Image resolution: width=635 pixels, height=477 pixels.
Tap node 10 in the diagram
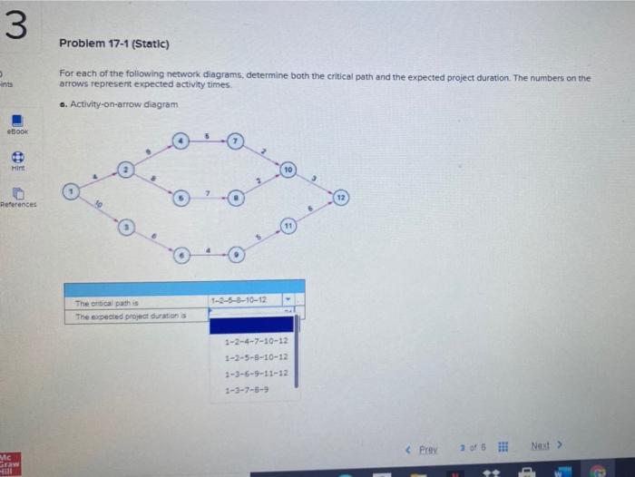[288, 170]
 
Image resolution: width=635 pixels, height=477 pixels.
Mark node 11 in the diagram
[288, 224]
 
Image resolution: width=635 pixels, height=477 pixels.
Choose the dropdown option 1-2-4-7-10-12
[256, 340]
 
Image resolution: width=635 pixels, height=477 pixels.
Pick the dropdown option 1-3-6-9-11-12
[256, 373]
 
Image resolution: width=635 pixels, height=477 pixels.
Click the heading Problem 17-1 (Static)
[114, 43]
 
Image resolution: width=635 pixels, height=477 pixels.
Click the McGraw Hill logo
[9, 463]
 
